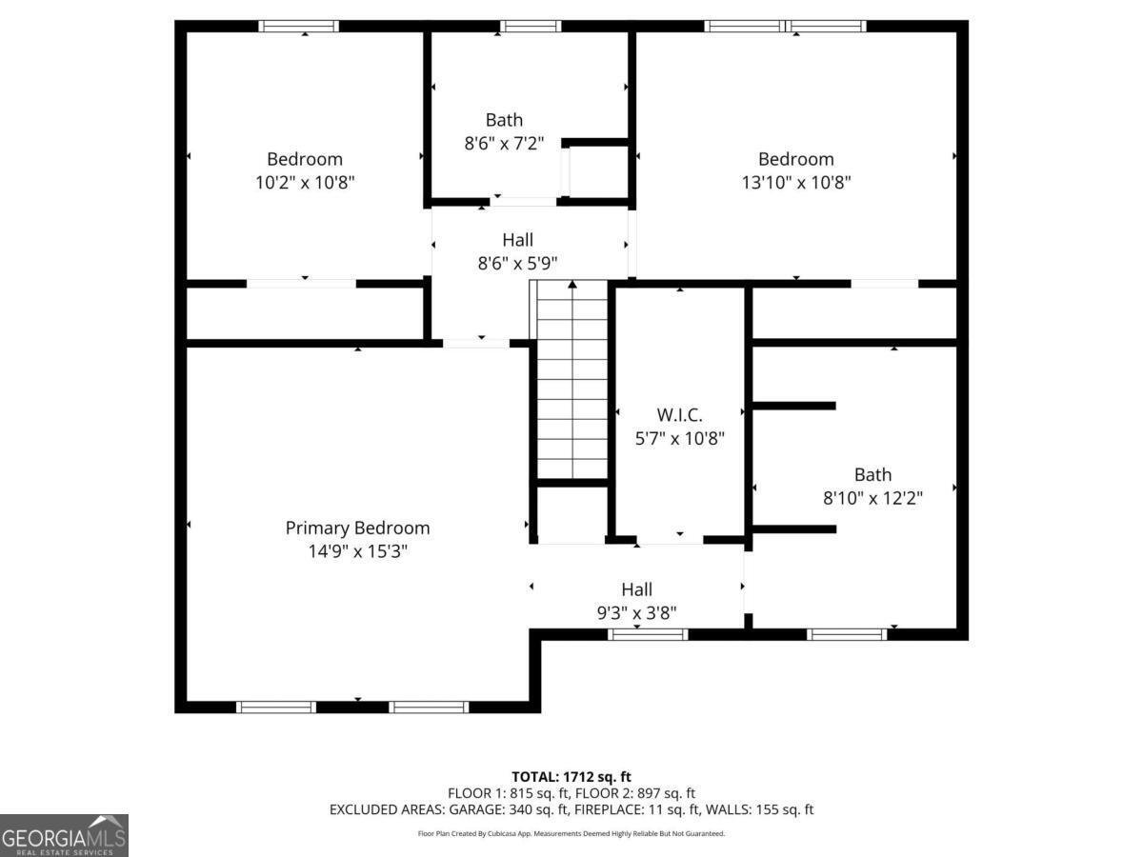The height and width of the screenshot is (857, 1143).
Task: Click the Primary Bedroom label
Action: click(357, 528)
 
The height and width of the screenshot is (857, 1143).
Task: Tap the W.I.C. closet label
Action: click(679, 415)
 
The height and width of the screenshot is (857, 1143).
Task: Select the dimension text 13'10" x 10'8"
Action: click(796, 182)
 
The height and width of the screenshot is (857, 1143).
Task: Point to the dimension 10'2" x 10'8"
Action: click(305, 182)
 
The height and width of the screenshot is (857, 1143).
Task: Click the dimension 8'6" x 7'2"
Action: click(504, 143)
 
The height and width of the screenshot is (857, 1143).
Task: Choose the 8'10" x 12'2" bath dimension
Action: click(872, 498)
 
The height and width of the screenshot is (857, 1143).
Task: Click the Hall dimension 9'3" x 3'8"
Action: click(637, 613)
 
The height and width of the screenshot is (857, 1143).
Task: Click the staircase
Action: click(572, 379)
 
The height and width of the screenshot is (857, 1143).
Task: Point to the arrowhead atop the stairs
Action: click(572, 284)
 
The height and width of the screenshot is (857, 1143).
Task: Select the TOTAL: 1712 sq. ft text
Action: click(571, 777)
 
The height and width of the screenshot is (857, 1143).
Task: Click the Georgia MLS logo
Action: click(64, 835)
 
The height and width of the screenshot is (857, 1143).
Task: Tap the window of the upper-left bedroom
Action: click(299, 26)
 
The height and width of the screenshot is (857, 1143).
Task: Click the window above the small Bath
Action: click(531, 26)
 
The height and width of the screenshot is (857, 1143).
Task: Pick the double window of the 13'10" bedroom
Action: click(785, 26)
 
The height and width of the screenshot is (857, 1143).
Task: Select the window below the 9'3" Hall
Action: click(648, 634)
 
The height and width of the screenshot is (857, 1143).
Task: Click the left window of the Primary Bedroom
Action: click(276, 707)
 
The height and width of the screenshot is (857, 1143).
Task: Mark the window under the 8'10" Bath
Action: click(847, 634)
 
